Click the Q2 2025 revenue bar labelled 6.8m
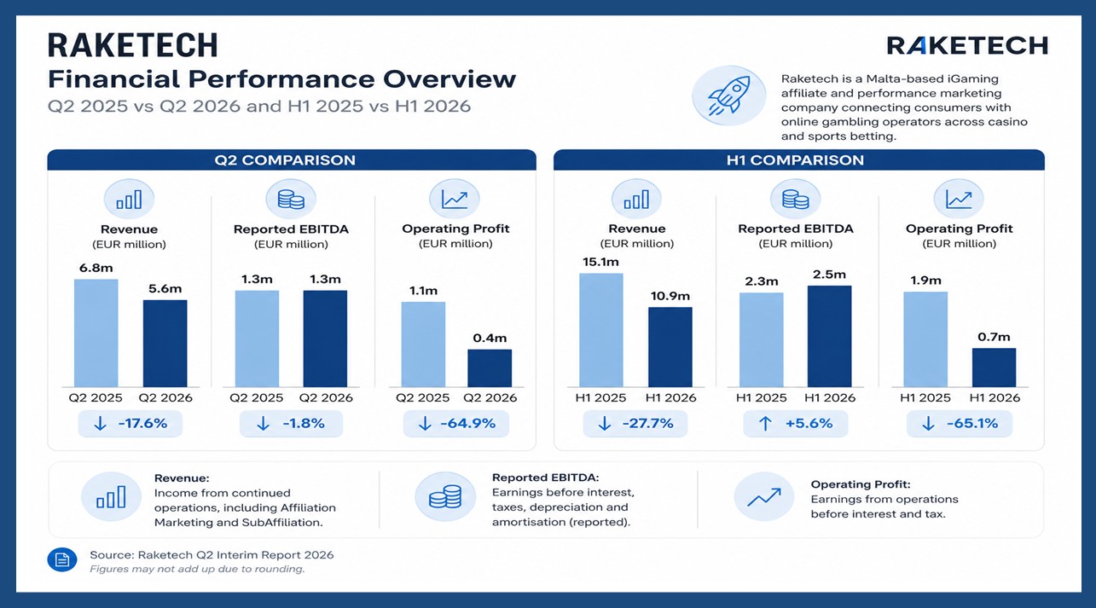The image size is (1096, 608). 96,333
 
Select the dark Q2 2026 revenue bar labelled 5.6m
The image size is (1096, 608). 165,344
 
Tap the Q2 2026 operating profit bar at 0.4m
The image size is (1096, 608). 490,368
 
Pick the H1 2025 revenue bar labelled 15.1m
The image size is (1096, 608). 600,330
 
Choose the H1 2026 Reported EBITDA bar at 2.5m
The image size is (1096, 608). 829,337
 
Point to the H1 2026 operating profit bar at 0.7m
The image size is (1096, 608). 994,368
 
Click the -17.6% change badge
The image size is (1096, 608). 130,424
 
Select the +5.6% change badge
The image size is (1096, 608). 796,424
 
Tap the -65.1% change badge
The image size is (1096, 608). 960,424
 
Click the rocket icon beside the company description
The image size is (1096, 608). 728,96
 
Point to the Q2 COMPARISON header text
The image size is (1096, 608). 285,160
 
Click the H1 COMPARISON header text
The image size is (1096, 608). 795,160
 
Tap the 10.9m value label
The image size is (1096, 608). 670,296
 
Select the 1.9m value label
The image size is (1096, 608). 925,281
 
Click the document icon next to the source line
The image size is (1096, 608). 62,559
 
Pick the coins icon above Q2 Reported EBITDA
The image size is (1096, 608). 291,200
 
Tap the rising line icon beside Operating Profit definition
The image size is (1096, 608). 763,497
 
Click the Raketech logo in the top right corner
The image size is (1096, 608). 967,46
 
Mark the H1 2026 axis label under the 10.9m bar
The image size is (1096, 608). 670,398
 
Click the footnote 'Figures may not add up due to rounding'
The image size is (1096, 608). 197,570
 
